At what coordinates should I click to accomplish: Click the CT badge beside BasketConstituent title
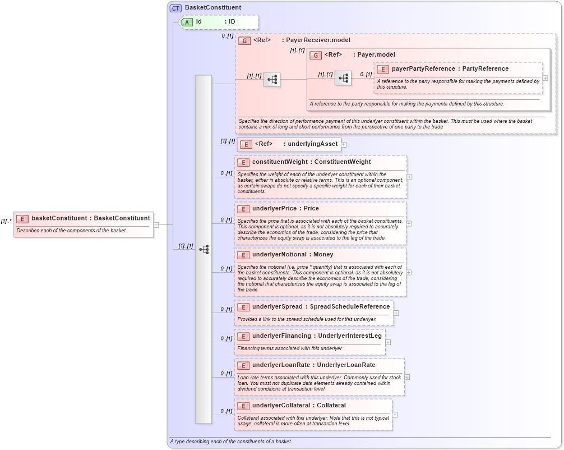tap(176, 8)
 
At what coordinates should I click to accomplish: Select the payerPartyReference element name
tap(418, 69)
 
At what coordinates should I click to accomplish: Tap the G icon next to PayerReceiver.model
tap(244, 40)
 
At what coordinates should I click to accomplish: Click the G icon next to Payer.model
tap(316, 55)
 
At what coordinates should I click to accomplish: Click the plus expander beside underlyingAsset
tap(344, 144)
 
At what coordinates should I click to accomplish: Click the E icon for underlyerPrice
tap(243, 209)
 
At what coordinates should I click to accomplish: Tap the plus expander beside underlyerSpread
tap(396, 314)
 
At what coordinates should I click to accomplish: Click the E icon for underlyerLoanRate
tap(243, 365)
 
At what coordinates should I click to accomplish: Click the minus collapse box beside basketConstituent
tap(156, 225)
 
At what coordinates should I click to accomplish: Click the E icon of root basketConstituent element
tap(22, 218)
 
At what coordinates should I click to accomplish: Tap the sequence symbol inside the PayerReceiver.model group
tap(272, 80)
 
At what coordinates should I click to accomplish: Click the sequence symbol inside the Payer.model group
tap(343, 79)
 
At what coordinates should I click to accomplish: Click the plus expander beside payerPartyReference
tap(545, 78)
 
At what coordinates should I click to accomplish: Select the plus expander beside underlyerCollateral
tap(395, 415)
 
